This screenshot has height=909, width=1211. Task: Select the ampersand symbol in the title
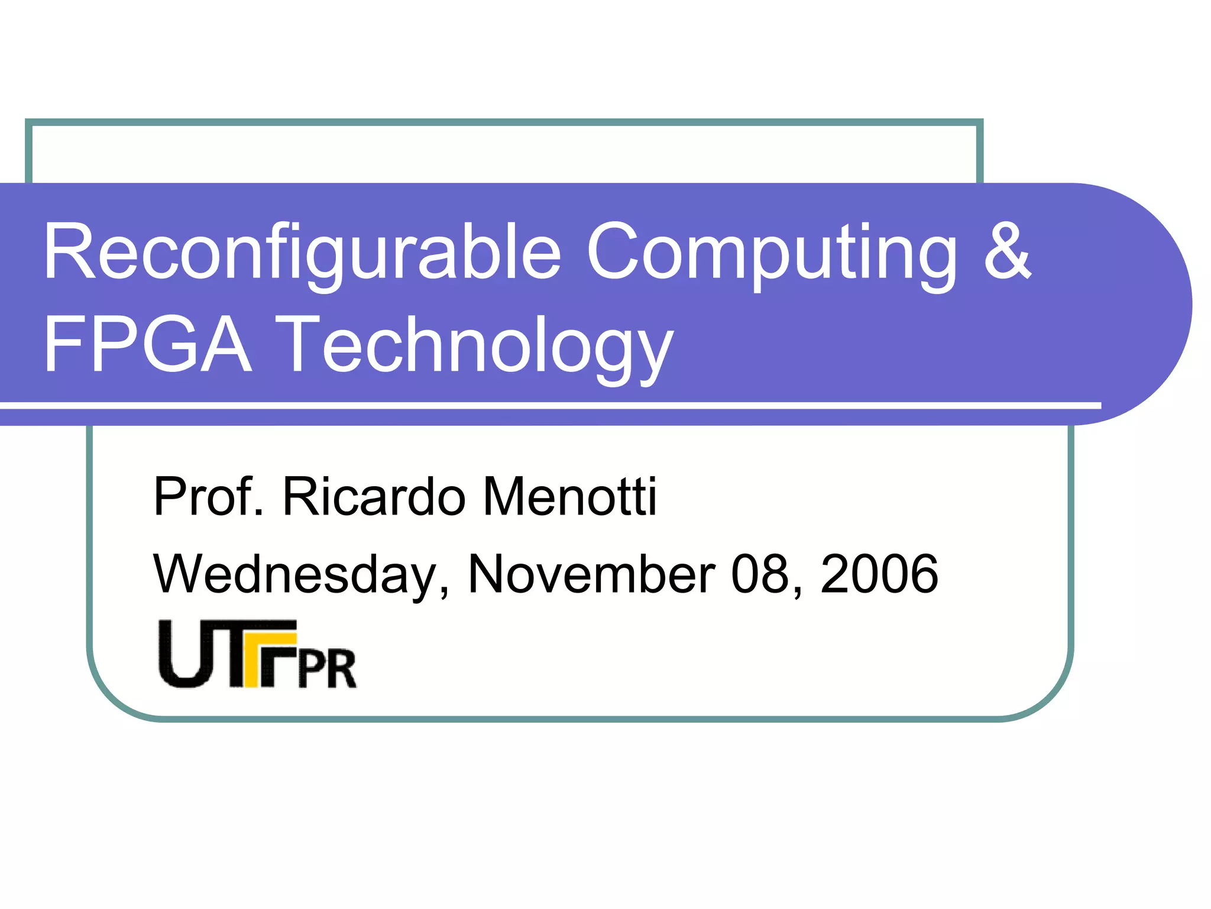[x=1007, y=251]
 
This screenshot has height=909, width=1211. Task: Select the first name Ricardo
[x=374, y=497]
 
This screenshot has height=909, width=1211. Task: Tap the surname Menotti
[x=569, y=497]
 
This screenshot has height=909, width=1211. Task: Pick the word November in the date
[x=591, y=575]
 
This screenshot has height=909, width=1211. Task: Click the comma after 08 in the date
[x=798, y=591]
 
